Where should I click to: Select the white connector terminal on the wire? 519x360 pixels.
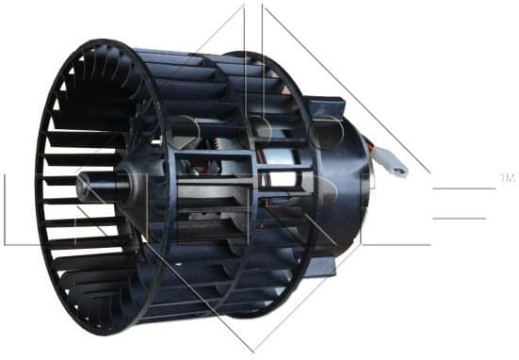[x=395, y=166]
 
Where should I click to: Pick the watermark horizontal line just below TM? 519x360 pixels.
[x=462, y=188]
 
